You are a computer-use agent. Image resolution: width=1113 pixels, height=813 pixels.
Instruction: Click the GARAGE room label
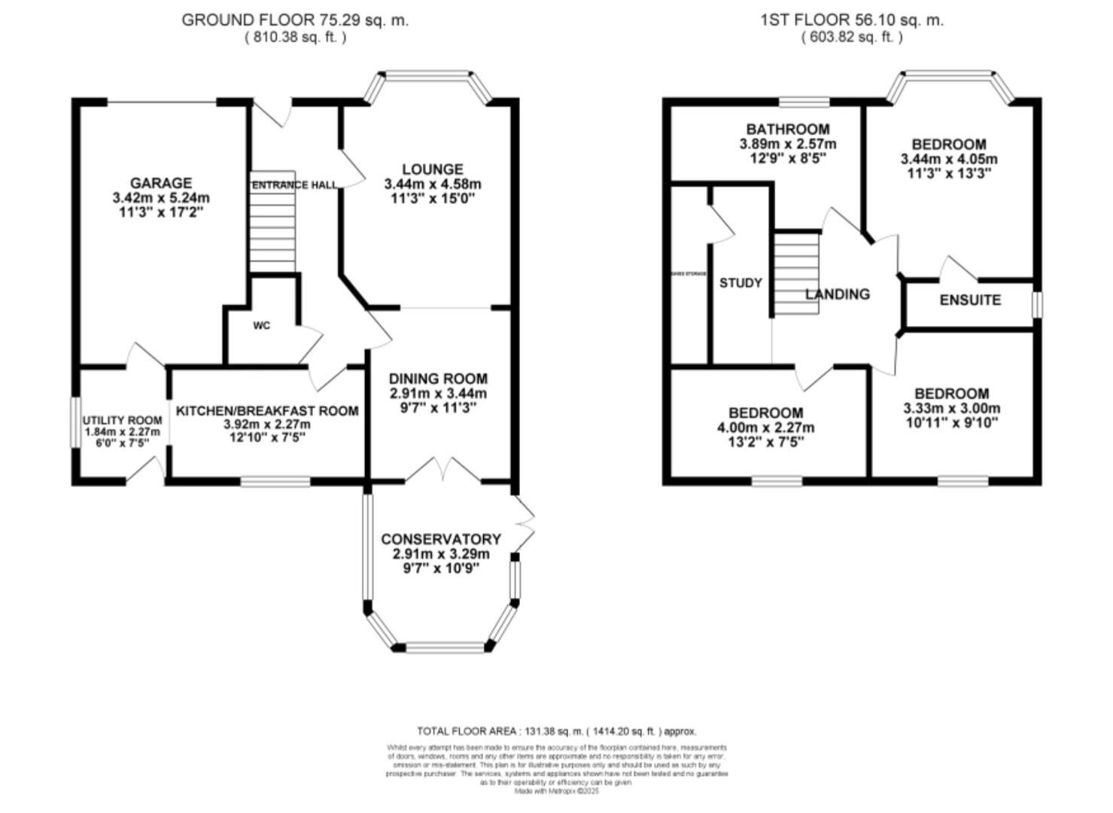tap(160, 183)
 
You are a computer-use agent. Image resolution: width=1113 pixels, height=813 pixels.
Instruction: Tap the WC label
tap(261, 325)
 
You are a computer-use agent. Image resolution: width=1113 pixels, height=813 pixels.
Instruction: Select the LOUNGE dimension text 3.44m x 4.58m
tap(432, 184)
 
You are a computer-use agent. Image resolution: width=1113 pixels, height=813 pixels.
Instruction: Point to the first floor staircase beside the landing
tap(797, 273)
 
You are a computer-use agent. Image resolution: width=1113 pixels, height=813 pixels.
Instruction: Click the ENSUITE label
tap(970, 300)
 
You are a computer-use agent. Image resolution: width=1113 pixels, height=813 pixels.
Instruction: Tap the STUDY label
tap(740, 283)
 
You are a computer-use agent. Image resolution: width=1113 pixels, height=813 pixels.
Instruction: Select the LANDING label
tap(837, 294)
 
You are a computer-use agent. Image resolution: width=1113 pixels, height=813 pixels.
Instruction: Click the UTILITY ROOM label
tap(122, 420)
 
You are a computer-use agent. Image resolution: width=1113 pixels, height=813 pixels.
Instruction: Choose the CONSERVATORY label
tap(440, 539)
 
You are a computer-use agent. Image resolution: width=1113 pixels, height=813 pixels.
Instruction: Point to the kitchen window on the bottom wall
tap(275, 480)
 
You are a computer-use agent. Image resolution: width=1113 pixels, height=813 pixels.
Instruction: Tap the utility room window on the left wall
tap(75, 422)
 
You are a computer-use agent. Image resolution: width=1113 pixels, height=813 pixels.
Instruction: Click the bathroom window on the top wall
tap(801, 101)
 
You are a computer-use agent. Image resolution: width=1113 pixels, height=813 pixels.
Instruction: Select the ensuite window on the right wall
tap(1037, 305)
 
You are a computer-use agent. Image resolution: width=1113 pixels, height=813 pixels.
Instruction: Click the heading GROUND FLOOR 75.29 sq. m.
tap(295, 20)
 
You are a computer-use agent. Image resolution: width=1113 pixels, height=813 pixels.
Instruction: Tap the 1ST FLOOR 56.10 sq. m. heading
tap(851, 20)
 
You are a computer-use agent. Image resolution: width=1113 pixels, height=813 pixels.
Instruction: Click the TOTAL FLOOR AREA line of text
tap(556, 731)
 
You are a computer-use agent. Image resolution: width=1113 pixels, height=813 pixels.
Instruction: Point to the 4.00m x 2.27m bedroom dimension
tap(765, 428)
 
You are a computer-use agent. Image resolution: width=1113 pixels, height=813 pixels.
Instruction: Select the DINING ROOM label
tap(438, 379)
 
